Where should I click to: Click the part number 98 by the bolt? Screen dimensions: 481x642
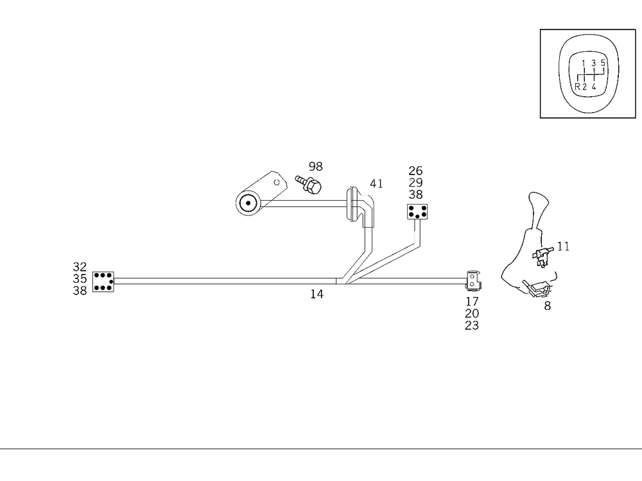click(x=316, y=167)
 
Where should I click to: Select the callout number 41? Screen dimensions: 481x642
click(x=376, y=183)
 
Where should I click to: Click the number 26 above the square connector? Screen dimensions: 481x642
click(x=415, y=171)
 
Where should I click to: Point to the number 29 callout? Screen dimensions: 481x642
click(x=415, y=182)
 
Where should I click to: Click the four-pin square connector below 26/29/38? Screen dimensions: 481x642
click(x=418, y=212)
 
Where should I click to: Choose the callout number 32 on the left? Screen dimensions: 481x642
click(x=80, y=267)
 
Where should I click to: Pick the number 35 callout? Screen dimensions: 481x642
click(x=80, y=278)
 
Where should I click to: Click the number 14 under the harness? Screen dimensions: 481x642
click(x=317, y=294)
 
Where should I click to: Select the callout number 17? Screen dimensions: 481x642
click(x=472, y=301)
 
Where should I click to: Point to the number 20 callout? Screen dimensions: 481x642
click(x=472, y=313)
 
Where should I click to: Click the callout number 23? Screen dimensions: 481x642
click(x=472, y=325)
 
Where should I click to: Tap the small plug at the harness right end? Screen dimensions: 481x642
click(x=473, y=280)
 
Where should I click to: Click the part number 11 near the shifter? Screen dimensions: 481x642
click(x=563, y=246)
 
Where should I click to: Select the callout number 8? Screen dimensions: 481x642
click(x=547, y=306)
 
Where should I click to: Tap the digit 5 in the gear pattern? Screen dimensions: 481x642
click(x=603, y=63)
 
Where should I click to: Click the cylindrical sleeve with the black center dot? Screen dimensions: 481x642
click(x=247, y=205)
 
